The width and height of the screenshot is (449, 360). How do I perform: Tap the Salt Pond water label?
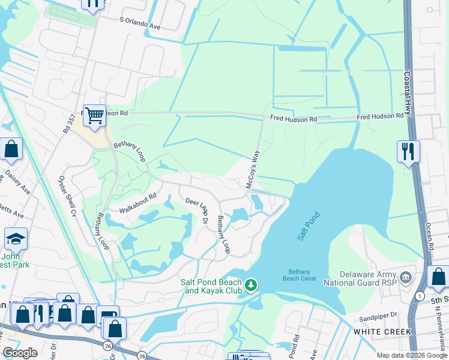(309, 226)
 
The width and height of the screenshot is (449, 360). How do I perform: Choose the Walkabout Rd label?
(137, 202)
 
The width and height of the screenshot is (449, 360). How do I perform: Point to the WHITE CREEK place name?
(383, 331)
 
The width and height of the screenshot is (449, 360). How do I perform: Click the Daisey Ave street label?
(18, 181)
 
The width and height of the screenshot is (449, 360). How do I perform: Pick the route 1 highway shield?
(418, 295)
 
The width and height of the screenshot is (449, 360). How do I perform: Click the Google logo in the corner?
(20, 353)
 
